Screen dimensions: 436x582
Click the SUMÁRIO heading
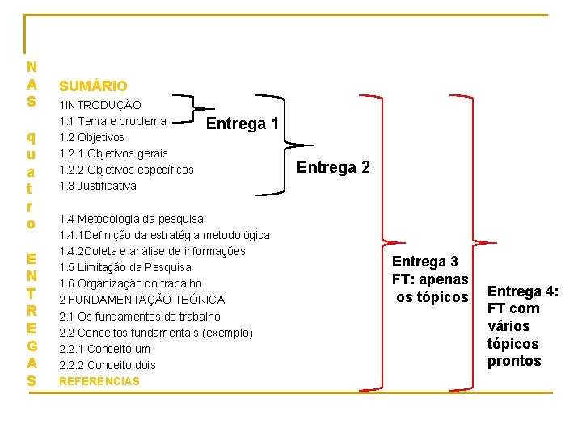pyautogui.click(x=93, y=85)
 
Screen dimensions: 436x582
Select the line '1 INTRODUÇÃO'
pyautogui.click(x=100, y=105)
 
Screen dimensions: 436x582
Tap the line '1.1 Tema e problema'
pyautogui.click(x=113, y=121)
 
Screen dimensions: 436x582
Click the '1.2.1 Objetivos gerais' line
pyautogui.click(x=114, y=153)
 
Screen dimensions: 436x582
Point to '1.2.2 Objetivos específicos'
pyautogui.click(x=127, y=170)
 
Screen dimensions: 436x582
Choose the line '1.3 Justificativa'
pyautogui.click(x=98, y=186)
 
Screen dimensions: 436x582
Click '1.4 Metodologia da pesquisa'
pyautogui.click(x=132, y=219)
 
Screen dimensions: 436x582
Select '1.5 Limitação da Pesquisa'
pyautogui.click(x=125, y=267)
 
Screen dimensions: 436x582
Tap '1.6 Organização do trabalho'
pyautogui.click(x=131, y=283)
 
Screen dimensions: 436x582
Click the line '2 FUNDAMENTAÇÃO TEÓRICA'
pyautogui.click(x=142, y=300)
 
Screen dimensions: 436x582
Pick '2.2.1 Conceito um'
pyautogui.click(x=105, y=349)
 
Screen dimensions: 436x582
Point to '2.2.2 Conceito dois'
pyautogui.click(x=108, y=365)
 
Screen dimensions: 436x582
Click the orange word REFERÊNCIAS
pyautogui.click(x=99, y=381)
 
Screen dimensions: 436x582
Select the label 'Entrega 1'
pyautogui.click(x=243, y=124)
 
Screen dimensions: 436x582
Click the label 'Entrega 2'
pyautogui.click(x=333, y=167)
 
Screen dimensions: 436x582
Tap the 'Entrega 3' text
pyautogui.click(x=425, y=262)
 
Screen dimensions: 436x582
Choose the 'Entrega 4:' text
pyautogui.click(x=523, y=291)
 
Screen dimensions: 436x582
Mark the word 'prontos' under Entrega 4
pyautogui.click(x=514, y=361)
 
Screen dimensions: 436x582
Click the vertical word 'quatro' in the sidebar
pyautogui.click(x=31, y=178)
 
